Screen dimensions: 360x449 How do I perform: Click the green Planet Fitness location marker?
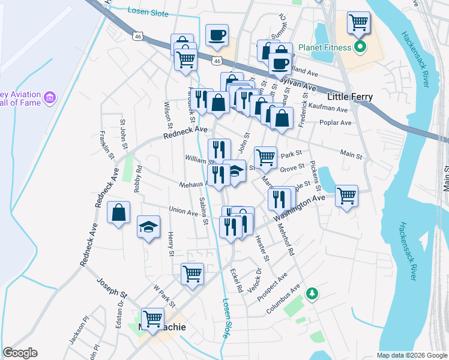[360, 46]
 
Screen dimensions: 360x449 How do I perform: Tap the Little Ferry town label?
[351, 97]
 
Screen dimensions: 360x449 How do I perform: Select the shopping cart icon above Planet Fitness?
[358, 23]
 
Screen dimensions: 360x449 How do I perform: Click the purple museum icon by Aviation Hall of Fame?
[50, 97]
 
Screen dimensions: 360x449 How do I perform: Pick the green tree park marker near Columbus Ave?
[311, 293]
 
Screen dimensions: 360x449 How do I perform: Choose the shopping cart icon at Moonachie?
[152, 317]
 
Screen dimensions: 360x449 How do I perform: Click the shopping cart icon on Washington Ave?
[346, 195]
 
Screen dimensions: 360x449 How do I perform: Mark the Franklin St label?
[107, 145]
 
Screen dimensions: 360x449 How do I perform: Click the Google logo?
[20, 353]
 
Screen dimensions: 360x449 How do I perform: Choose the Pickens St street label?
[315, 176]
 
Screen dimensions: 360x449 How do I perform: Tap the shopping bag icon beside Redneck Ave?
[119, 211]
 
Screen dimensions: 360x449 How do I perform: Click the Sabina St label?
[204, 211]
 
